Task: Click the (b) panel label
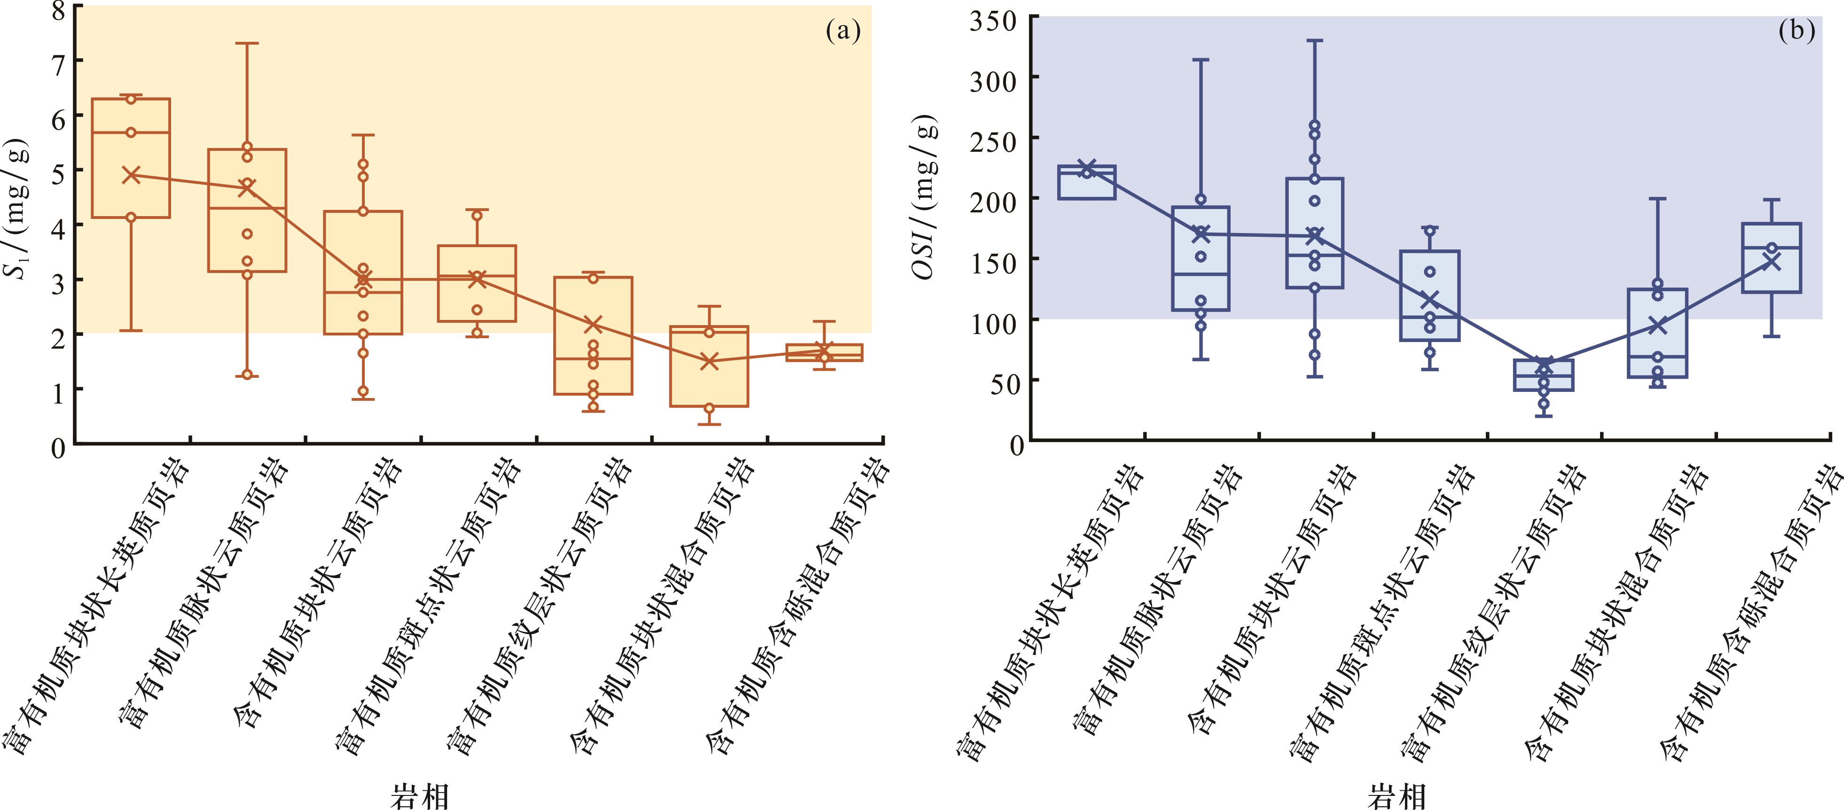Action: click(1796, 31)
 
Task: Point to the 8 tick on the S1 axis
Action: click(58, 10)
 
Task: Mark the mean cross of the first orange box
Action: click(131, 175)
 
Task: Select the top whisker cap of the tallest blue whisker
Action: click(1315, 41)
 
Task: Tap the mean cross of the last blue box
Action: click(1772, 262)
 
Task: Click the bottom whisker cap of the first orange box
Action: click(131, 331)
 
